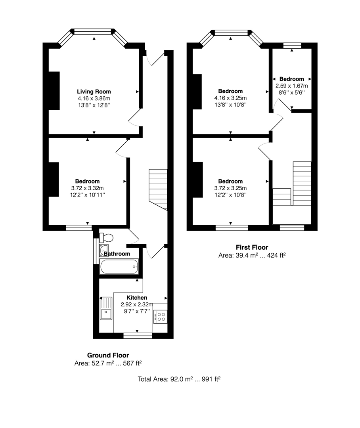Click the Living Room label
click(94, 92)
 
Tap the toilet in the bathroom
click(106, 238)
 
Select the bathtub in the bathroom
click(119, 267)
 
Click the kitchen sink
click(106, 308)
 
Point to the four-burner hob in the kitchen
click(160, 317)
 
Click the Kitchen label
click(137, 298)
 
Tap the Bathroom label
click(117, 254)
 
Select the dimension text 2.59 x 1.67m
click(291, 86)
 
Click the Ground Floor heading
click(108, 355)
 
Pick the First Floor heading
click(252, 247)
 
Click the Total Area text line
click(179, 379)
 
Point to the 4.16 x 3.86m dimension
click(94, 99)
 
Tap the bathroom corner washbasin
click(104, 250)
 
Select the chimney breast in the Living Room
click(54, 91)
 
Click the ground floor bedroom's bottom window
click(79, 228)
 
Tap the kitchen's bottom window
click(138, 336)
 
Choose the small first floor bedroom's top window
click(292, 46)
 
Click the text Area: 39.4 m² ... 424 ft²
click(252, 256)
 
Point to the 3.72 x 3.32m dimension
click(87, 188)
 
